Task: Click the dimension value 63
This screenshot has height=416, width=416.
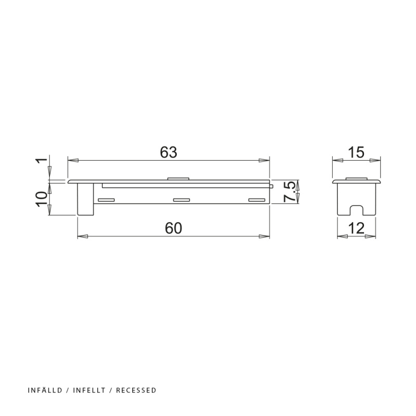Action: tap(169, 152)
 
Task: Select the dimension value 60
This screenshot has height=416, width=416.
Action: tap(174, 228)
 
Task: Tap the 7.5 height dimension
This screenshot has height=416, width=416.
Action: tap(290, 191)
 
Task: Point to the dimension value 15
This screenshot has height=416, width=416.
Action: tap(356, 152)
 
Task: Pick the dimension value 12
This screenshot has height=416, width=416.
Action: tap(356, 228)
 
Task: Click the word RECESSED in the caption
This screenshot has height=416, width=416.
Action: tap(136, 390)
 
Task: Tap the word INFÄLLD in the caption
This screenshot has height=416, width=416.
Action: tap(45, 390)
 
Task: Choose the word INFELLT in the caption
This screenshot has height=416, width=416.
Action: tap(91, 390)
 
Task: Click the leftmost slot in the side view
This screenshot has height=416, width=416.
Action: tap(107, 200)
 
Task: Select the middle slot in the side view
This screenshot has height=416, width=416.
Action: tap(181, 200)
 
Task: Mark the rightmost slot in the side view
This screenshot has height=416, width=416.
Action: tap(256, 200)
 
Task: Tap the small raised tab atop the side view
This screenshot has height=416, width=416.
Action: tap(178, 179)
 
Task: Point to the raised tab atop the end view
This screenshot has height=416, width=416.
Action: tap(356, 179)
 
